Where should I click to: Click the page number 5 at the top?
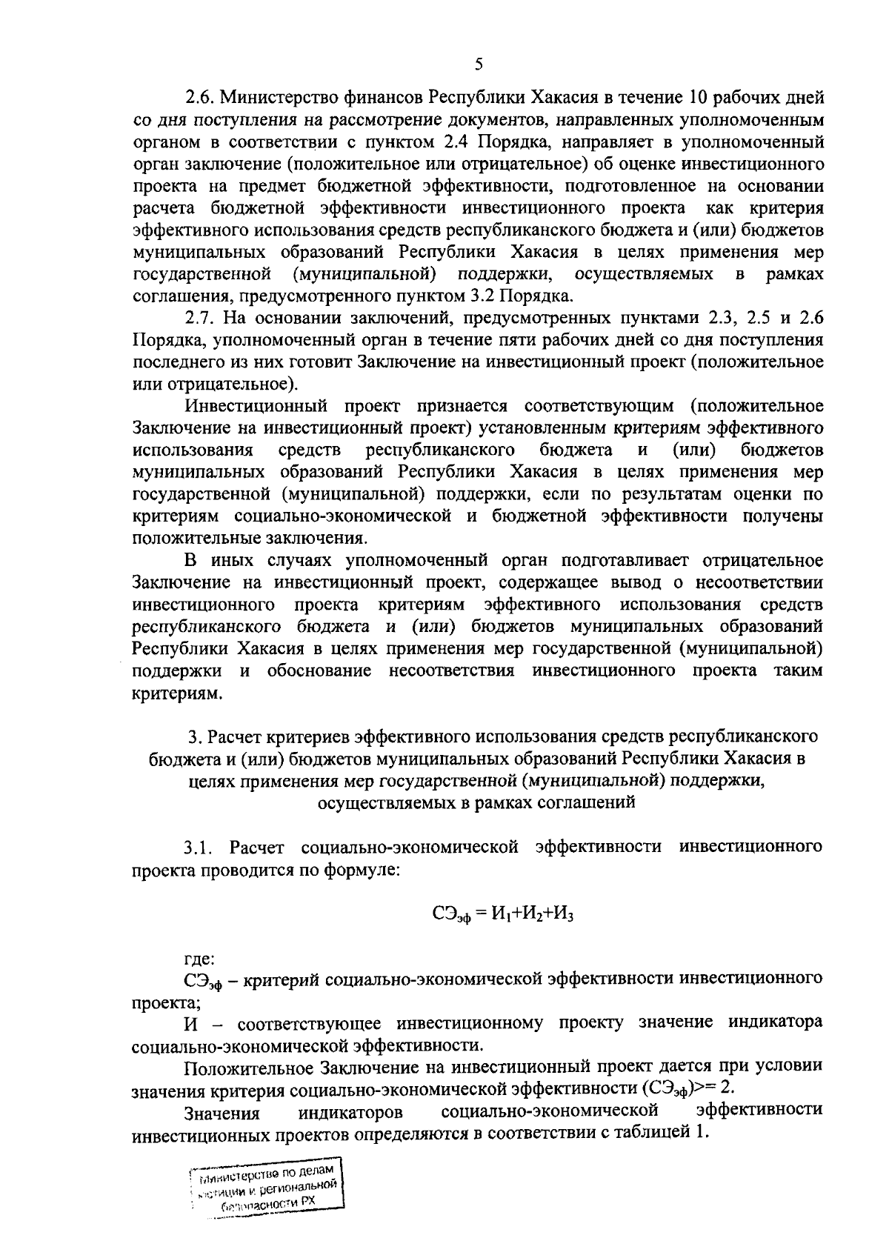click(x=479, y=64)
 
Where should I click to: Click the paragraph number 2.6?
click(x=199, y=98)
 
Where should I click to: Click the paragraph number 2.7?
click(x=199, y=319)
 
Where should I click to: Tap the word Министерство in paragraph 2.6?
click(x=275, y=98)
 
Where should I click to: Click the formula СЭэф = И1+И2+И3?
click(x=503, y=914)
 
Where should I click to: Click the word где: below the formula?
click(x=199, y=959)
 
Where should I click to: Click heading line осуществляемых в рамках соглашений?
click(x=476, y=802)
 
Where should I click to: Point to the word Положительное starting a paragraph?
click(x=248, y=1068)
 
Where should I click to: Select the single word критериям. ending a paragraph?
click(x=177, y=694)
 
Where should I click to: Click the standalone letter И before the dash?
click(x=191, y=1024)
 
